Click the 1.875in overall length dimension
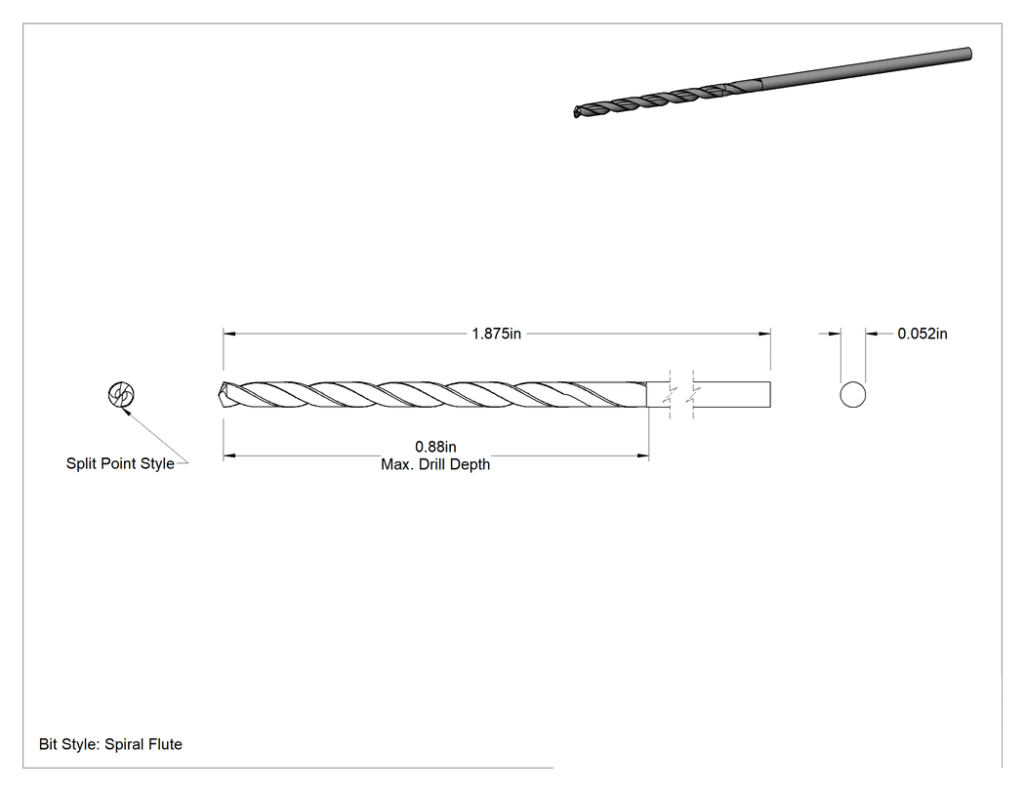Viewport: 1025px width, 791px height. [496, 334]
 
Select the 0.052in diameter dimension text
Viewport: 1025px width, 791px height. [922, 334]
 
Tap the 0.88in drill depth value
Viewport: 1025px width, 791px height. [435, 447]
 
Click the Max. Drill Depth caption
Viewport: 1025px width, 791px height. [435, 464]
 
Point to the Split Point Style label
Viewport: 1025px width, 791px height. [120, 463]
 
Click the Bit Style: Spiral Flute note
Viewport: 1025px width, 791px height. [110, 744]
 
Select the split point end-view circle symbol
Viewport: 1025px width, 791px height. [121, 394]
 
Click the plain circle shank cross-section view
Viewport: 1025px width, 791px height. [852, 394]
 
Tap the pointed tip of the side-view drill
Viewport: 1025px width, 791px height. [218, 394]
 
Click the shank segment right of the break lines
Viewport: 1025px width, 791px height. [732, 394]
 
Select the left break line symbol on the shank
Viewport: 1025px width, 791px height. [670, 394]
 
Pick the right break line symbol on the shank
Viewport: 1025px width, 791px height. [693, 394]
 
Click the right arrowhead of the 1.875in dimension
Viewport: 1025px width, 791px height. [764, 334]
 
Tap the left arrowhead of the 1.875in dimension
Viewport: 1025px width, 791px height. [228, 334]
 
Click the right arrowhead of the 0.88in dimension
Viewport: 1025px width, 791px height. [642, 455]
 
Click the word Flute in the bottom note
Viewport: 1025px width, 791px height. [164, 744]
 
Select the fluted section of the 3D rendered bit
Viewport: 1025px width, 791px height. [667, 98]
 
